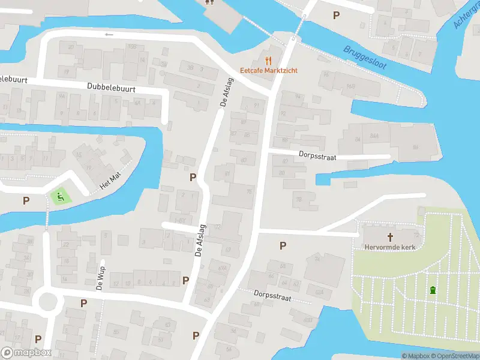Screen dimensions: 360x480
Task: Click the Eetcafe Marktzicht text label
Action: [269, 70]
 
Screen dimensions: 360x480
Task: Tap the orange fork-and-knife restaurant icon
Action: [268, 60]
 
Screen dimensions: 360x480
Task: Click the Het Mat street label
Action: [110, 182]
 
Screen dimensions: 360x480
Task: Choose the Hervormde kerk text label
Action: [389, 247]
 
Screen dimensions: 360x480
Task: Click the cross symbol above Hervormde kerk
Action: [389, 237]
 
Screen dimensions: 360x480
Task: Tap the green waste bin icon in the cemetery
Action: [432, 291]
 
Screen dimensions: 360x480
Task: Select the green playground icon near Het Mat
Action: [59, 196]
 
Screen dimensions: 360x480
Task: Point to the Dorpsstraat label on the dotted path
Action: [272, 295]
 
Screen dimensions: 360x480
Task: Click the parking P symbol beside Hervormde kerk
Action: [283, 245]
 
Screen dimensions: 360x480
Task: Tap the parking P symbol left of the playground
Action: [26, 200]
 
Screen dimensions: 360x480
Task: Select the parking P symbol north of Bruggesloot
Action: [336, 15]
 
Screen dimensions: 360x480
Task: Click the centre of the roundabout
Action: [46, 299]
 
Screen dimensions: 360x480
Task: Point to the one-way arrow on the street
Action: [109, 35]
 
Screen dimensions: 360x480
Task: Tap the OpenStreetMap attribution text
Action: [458, 356]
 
